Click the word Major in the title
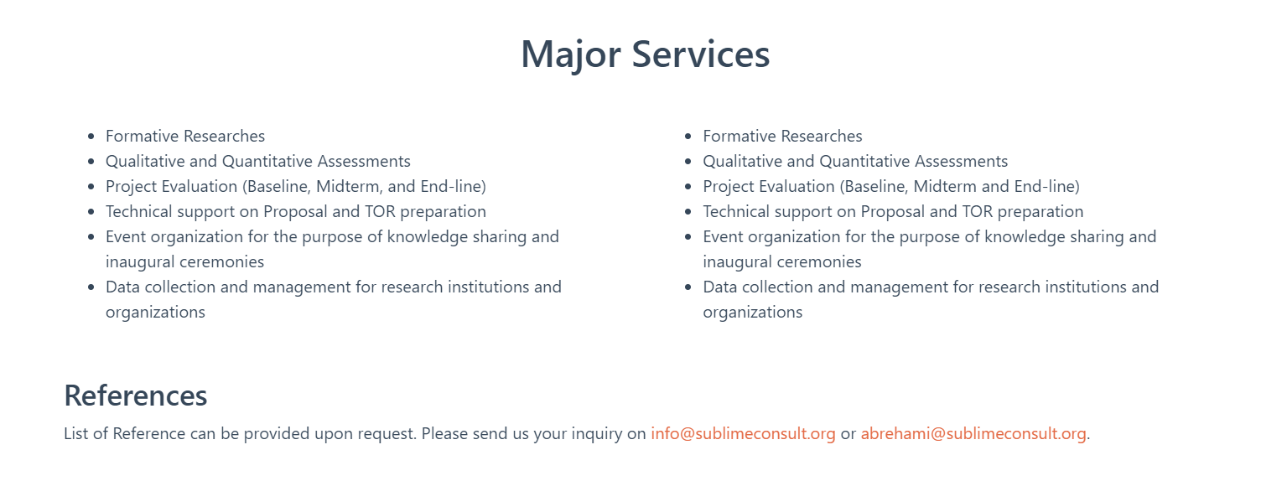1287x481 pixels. coord(571,55)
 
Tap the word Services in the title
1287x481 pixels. coord(701,54)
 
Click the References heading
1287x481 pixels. coord(136,396)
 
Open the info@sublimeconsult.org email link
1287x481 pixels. coord(743,433)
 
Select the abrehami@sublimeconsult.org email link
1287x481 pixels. coord(973,433)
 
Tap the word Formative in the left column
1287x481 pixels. coord(143,136)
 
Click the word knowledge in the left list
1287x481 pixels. coord(428,237)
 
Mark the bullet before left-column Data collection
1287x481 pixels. coord(91,287)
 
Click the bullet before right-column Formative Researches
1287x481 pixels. coord(688,137)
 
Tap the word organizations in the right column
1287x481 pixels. coord(753,313)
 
